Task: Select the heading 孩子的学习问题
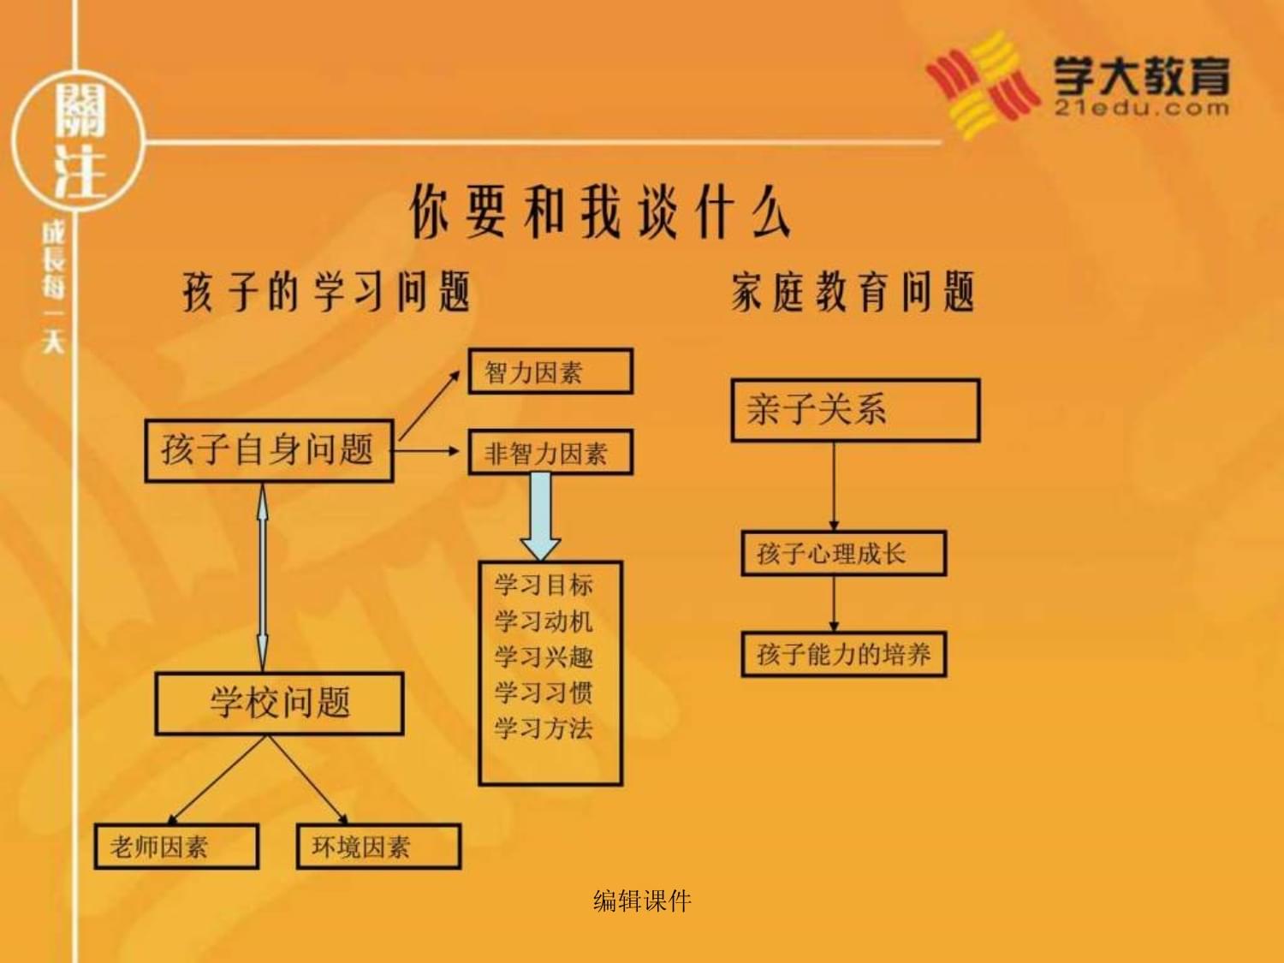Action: (326, 291)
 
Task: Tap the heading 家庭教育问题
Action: (853, 290)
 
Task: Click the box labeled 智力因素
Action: (550, 372)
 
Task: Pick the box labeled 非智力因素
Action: (550, 452)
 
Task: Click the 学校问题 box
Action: (280, 704)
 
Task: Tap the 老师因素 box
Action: (176, 846)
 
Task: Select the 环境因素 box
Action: (379, 846)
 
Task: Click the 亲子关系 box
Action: (856, 410)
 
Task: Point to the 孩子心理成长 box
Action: (844, 553)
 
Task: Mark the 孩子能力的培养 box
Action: (844, 654)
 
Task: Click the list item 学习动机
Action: (544, 621)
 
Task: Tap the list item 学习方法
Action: (544, 728)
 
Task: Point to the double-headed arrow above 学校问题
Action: (264, 578)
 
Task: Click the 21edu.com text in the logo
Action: (1141, 108)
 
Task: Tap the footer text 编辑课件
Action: (642, 901)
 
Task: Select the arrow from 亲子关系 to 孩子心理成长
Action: (834, 486)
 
